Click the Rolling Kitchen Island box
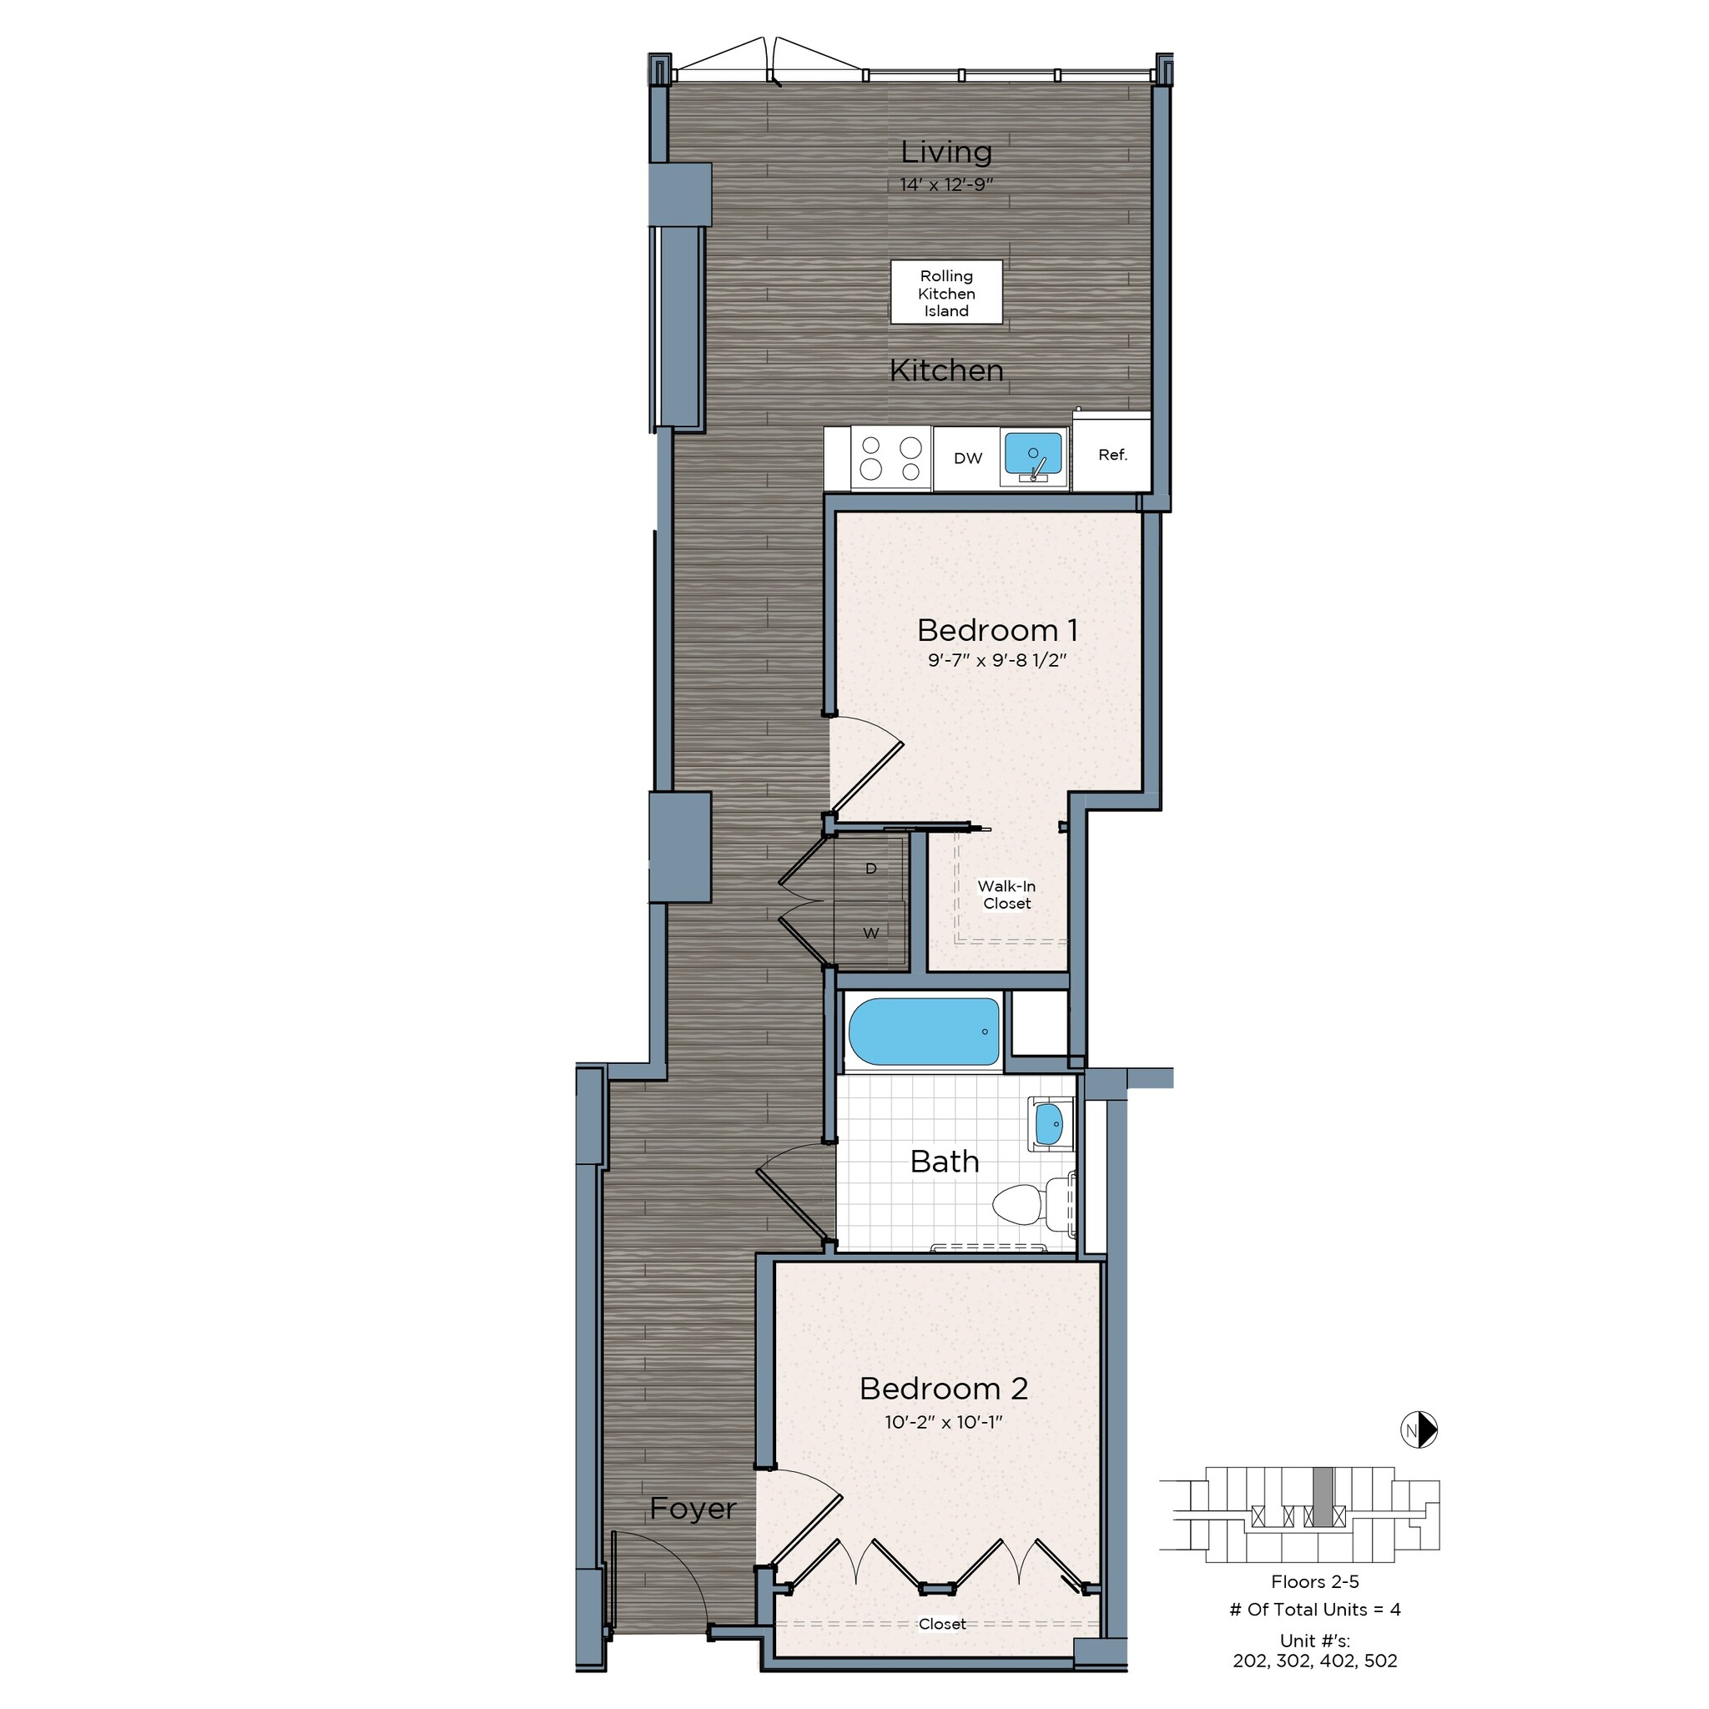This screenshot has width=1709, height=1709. coord(945,293)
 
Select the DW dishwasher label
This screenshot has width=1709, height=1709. coord(968,458)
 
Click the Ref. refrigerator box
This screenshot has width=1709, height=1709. coord(1112,455)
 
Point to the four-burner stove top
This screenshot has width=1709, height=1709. coord(890,458)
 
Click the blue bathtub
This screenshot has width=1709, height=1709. coord(923,1031)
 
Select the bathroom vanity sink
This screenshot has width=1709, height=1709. coord(1049,1124)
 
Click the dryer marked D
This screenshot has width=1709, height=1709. coord(870,869)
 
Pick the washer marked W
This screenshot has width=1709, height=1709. coord(870,933)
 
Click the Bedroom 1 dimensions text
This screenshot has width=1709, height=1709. coord(997,661)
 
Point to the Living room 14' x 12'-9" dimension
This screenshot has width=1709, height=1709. coord(946,185)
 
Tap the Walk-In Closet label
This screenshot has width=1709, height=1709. coord(1006,895)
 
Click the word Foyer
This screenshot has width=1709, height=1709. coord(693,1508)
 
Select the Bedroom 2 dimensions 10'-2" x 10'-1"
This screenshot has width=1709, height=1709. coord(943,1423)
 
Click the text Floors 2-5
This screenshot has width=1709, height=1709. coord(1314,1581)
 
